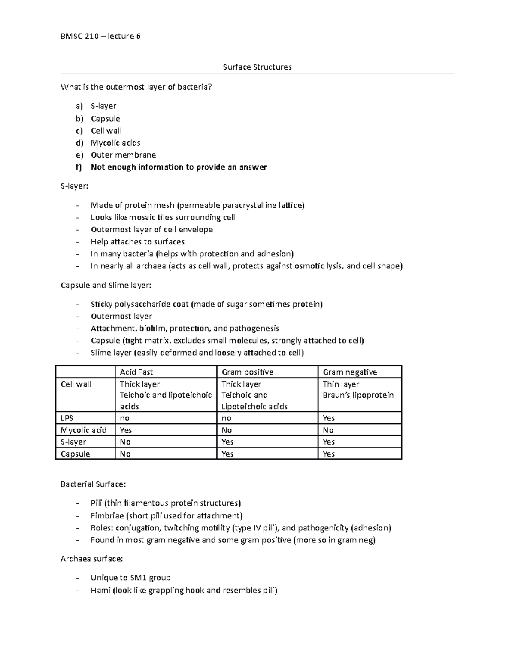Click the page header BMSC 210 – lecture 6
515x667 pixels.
coord(100,36)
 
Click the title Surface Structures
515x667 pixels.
coord(257,67)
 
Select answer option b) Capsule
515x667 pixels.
coord(105,119)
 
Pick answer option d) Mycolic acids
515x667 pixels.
coord(115,143)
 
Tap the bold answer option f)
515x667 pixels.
coord(178,167)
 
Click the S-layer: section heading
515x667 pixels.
coord(75,186)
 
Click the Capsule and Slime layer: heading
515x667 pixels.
coord(106,285)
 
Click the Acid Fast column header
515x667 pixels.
coord(136,372)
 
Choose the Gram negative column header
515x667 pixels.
coord(350,372)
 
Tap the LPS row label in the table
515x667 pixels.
coord(67,418)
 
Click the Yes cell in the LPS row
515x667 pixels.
coord(329,418)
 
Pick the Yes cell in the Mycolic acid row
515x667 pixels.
coord(126,430)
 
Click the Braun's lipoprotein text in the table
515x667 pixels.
coord(358,395)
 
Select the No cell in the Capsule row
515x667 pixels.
coord(125,454)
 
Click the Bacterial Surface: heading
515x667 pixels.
coord(93,484)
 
